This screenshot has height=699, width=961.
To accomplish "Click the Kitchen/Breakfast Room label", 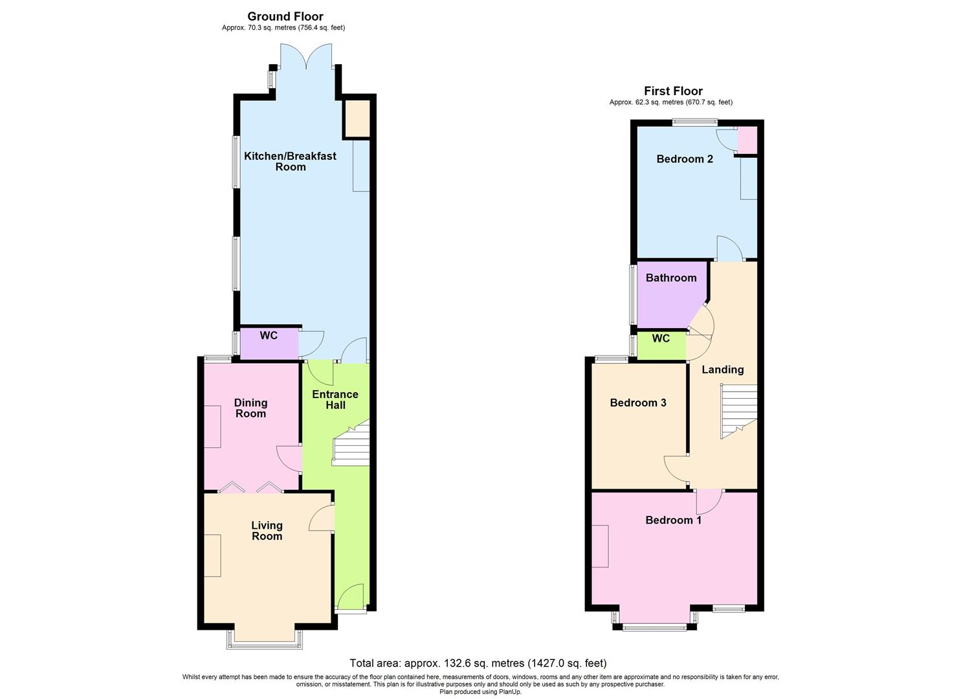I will coord(290,161).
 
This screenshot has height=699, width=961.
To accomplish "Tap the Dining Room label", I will coord(250,408).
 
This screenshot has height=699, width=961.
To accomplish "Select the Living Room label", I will coord(267,531).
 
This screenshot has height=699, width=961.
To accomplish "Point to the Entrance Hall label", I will coord(335,399).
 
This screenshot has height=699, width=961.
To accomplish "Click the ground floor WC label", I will coord(269,336).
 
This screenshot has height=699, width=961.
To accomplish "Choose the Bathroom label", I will coord(671,278).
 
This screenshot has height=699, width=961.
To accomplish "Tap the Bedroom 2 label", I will coord(685,159).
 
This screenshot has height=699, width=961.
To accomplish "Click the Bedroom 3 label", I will coord(638,403).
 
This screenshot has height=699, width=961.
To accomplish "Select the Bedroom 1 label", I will coord(673,520).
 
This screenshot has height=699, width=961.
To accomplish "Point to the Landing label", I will coord(723,370).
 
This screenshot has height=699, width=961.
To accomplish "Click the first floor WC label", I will coord(661,338).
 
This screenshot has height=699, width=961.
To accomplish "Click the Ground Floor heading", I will coord(285,17).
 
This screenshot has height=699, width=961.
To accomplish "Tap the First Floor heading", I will coord(673,91).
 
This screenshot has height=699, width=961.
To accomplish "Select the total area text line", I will coord(478,663).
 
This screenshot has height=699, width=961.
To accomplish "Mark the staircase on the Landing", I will coord(738,410).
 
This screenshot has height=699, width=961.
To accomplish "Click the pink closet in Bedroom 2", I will coord(747,140).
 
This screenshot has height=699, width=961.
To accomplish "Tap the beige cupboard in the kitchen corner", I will coord(357,118).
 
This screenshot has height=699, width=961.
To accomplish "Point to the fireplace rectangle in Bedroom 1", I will coord(600,546).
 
